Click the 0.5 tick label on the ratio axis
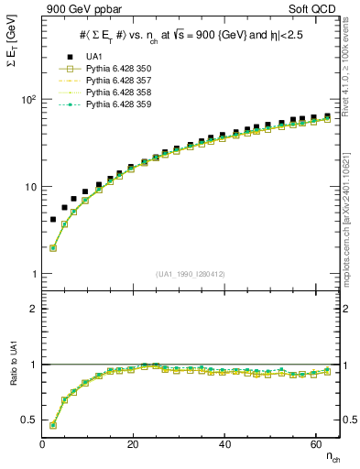tap(28, 420)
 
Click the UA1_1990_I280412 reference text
tap(191, 273)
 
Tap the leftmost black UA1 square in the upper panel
tap(52, 220)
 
